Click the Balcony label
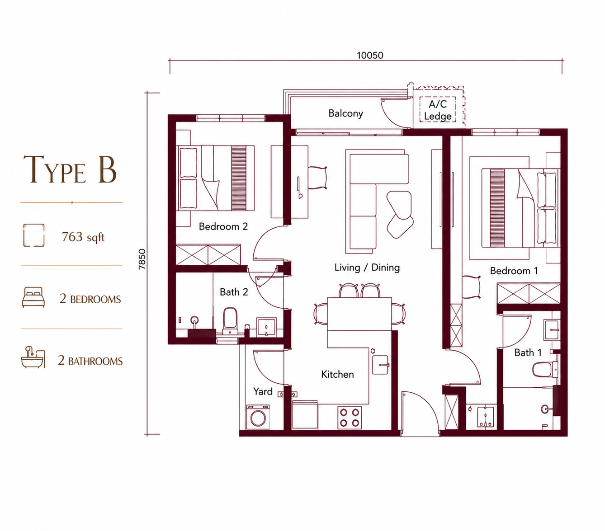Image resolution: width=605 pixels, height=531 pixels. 345,113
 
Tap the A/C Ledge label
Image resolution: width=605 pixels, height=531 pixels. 438,110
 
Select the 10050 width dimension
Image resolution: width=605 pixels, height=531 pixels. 370,56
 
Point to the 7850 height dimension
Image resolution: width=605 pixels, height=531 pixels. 142,259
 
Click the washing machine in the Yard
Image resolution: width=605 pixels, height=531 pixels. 258,417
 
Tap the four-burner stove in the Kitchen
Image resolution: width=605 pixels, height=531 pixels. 350,417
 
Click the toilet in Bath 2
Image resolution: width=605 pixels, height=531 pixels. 230,321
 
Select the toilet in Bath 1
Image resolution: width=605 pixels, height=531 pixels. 545,369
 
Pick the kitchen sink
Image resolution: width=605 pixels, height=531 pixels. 380,365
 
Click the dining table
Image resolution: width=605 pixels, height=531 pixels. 359,314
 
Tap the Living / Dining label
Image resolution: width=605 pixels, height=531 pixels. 367,268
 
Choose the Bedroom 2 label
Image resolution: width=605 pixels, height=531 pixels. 223,226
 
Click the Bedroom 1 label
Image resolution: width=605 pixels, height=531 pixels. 514,271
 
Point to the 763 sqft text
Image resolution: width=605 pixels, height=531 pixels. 83,237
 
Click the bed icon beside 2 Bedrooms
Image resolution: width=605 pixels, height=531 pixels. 33,297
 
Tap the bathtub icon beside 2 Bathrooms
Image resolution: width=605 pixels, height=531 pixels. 33,357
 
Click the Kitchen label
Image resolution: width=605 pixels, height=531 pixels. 337,374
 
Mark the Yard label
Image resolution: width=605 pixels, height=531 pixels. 263,391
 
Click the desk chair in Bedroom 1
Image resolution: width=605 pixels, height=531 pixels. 471,287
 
